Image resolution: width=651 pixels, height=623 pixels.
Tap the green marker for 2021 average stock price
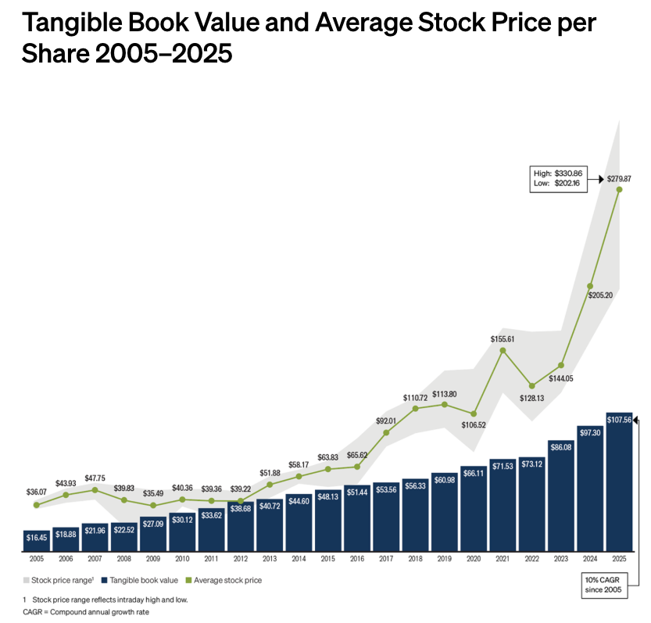(503, 349)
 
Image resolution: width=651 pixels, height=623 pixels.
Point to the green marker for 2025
(619, 188)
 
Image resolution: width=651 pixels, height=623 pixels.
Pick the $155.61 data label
(503, 338)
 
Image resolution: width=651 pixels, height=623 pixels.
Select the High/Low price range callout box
(559, 178)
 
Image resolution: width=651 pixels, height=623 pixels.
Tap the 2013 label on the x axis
(270, 559)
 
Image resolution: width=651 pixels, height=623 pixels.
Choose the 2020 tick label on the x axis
(473, 559)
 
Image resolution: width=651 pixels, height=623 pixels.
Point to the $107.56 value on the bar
(619, 421)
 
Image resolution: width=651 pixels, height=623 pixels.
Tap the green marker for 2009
(153, 506)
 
